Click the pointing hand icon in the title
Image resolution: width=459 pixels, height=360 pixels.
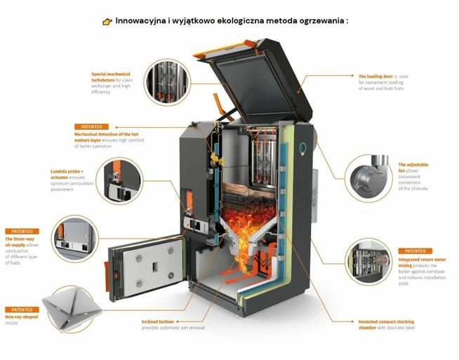(x=107, y=22)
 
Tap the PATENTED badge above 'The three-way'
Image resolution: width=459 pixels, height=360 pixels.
(x=22, y=231)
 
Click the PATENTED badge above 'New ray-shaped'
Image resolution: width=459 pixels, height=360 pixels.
(x=22, y=309)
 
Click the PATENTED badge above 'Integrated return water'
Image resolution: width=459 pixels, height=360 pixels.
(x=415, y=251)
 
